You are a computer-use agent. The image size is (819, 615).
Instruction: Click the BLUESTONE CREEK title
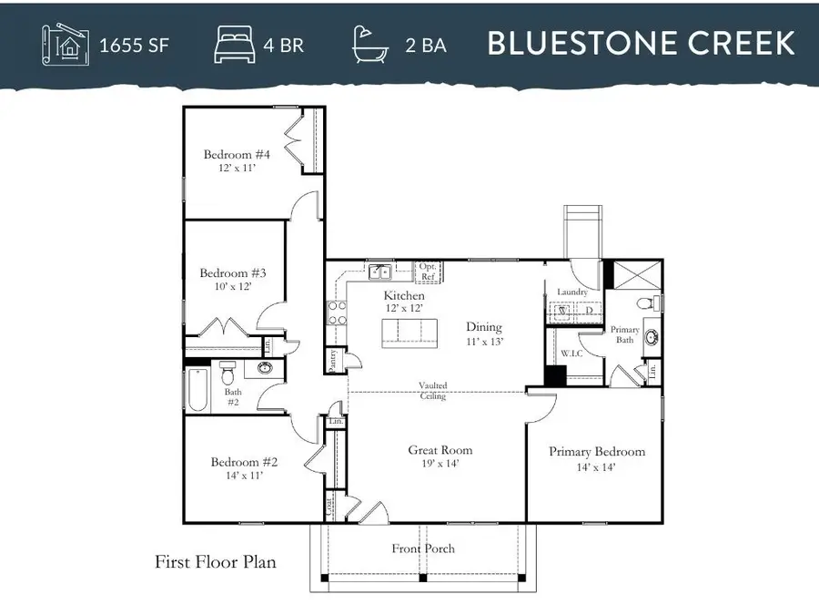point(642,43)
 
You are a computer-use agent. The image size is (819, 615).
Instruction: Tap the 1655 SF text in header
point(134,44)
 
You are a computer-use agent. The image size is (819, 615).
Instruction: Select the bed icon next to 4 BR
point(234,44)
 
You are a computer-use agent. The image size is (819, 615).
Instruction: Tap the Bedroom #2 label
point(244,462)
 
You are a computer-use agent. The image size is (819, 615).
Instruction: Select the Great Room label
point(440,450)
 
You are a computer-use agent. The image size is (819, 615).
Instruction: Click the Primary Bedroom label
point(597,452)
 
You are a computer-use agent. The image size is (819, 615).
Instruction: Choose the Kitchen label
point(404,296)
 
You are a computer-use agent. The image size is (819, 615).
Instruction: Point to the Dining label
point(484,327)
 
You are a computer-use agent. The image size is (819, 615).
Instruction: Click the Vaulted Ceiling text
point(433,391)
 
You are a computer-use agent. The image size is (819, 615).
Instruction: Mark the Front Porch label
point(423,548)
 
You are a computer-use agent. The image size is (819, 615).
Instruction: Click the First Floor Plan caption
point(216,562)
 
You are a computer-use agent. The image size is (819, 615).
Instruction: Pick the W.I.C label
point(571,353)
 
